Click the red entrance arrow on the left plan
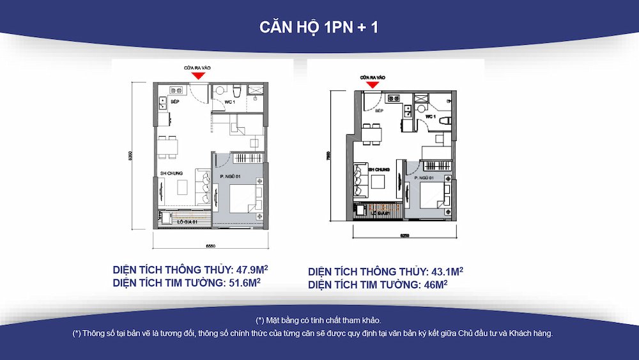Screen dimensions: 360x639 pos(199,75)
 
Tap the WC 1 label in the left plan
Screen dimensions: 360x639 pos(230,102)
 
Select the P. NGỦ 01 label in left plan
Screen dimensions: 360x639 pos(229,176)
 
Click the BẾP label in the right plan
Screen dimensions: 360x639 pos(379,111)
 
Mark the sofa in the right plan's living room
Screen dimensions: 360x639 pos(361,182)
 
